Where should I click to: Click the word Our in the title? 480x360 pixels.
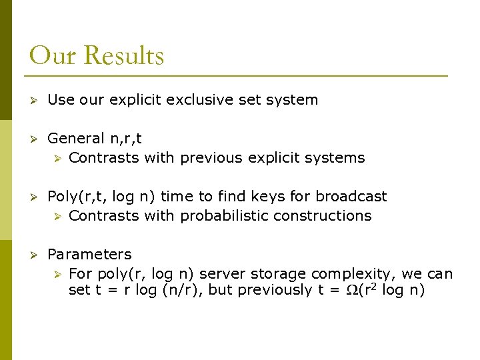[x=53, y=56]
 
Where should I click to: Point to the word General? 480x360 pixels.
[x=76, y=139]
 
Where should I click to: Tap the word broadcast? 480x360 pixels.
[x=351, y=197]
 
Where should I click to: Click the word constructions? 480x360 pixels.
[x=331, y=216]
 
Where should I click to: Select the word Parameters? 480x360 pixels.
[x=89, y=255]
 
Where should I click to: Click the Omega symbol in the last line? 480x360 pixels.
[x=353, y=291]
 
